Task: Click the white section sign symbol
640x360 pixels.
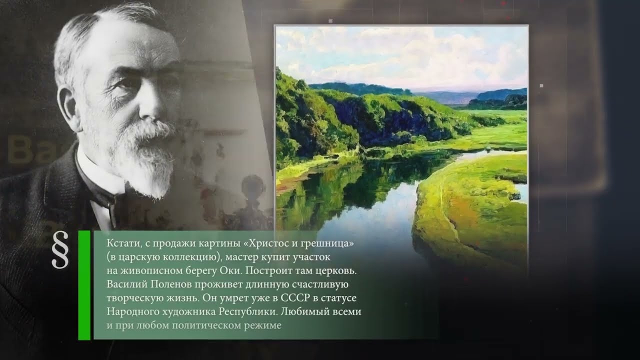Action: (60, 250)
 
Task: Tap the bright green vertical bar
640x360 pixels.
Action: (84, 285)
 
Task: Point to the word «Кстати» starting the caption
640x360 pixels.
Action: (120, 243)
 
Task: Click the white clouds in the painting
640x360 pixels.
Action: (400, 50)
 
